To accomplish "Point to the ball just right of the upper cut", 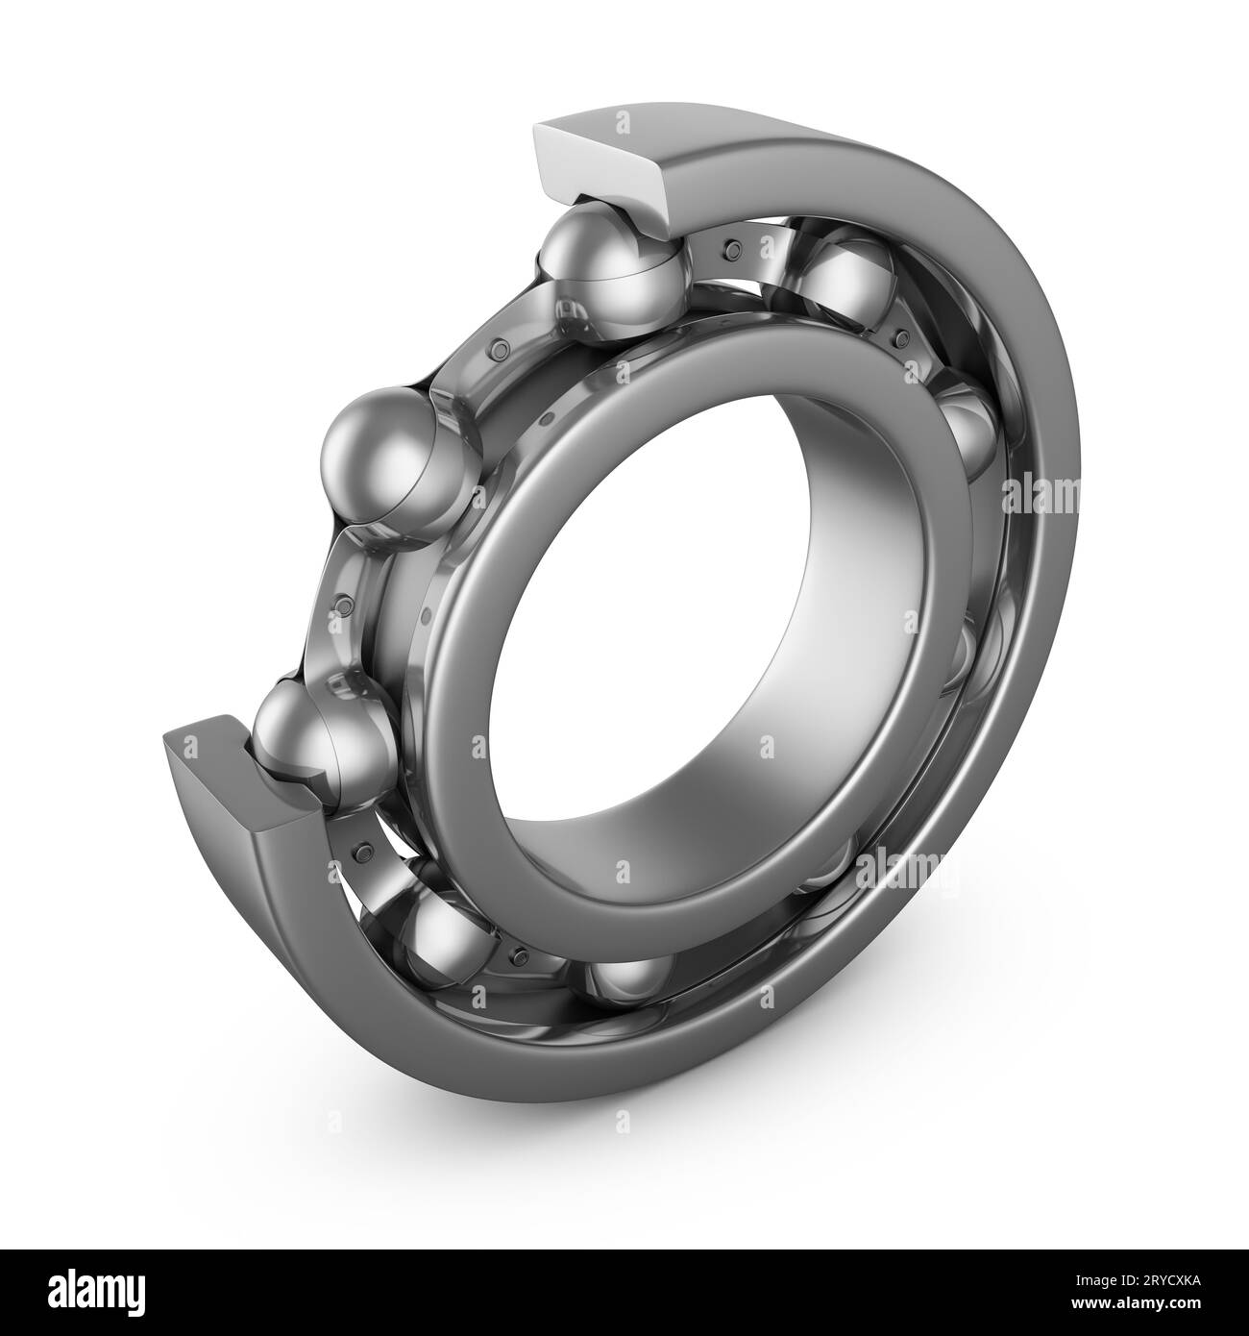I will point(845,279).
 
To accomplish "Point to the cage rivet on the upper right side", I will point(900,337).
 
